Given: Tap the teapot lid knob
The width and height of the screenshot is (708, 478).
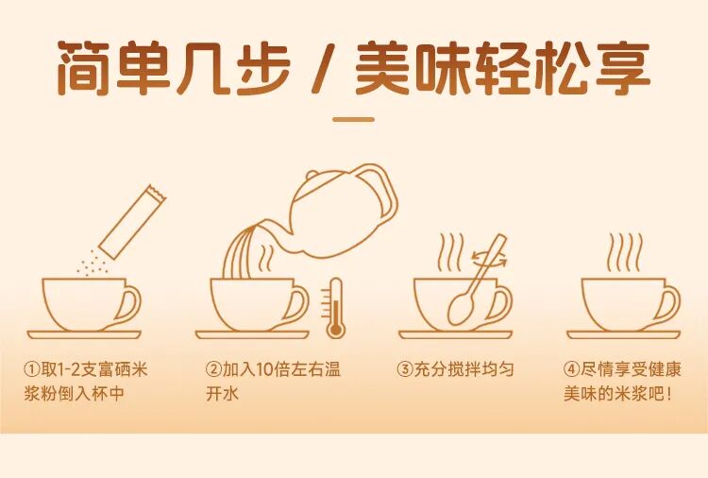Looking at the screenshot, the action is pos(312,175).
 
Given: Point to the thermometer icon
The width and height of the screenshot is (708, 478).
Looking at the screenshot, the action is pos(333,308).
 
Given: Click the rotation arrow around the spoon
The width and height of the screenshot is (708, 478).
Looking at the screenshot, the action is pos(489,259).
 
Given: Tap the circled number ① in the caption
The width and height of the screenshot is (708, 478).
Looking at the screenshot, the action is pos(32,369).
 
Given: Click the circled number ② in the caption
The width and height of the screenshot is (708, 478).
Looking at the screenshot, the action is pos(213,369).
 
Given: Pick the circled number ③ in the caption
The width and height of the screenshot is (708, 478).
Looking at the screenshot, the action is pos(405,369).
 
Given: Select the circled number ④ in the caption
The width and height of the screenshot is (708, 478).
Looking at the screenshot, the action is pos(572,369).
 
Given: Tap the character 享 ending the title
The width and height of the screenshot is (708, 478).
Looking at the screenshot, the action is pos(623,68).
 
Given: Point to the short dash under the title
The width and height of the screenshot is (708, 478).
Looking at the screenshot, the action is pos(354,120).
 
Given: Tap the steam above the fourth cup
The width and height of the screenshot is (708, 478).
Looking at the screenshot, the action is pos(625,252).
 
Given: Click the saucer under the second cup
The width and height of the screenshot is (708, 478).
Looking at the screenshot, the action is pos(252,334).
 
